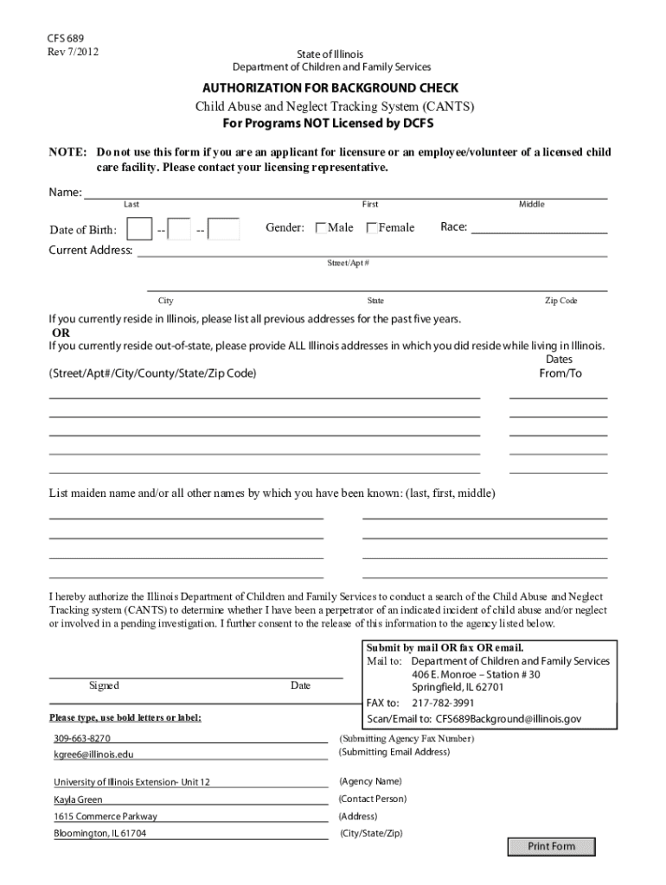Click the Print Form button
[x=551, y=846]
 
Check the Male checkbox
[x=323, y=228]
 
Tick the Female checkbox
[x=373, y=228]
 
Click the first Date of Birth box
[x=139, y=229]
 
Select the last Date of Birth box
[x=224, y=229]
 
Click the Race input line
[x=539, y=229]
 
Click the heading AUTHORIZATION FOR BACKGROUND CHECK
[x=330, y=88]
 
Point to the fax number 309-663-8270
[x=81, y=739]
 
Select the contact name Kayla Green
[x=78, y=800]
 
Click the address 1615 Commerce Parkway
[x=106, y=817]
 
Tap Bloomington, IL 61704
[x=99, y=834]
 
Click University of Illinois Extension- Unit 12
[x=131, y=783]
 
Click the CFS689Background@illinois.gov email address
[x=508, y=718]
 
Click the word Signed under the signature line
[x=104, y=685]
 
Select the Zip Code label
[x=560, y=301]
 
